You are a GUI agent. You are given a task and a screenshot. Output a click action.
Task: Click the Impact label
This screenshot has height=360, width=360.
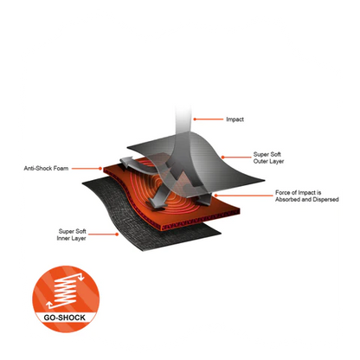235,119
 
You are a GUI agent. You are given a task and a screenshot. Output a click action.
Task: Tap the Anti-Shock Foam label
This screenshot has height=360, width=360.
46,169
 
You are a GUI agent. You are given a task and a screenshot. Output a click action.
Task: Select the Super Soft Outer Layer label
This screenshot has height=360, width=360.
268,157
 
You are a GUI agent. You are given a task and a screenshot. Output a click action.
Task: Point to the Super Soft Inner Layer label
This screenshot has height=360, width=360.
72,235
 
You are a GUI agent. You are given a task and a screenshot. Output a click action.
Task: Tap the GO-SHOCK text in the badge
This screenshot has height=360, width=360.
65,318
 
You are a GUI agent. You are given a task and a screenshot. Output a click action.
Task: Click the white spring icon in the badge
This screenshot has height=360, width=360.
65,291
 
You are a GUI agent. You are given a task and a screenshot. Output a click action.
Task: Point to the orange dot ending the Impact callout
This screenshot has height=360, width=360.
195,119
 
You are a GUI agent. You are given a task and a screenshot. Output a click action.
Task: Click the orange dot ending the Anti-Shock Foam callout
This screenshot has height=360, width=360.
100,169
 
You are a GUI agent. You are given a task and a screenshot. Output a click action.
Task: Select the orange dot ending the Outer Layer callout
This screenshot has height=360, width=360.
222,157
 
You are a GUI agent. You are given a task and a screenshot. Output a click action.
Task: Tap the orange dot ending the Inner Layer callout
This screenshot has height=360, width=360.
117,235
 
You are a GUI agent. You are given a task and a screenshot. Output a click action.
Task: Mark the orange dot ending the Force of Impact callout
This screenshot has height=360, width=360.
215,196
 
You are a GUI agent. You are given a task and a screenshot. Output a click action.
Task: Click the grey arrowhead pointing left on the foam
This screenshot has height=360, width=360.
126,162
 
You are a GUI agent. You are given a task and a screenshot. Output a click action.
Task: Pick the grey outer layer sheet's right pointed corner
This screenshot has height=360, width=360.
264,180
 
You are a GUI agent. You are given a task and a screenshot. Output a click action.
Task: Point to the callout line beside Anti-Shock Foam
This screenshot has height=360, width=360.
86,169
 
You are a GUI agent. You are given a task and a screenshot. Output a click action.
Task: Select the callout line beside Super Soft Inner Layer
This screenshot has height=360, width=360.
102,235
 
